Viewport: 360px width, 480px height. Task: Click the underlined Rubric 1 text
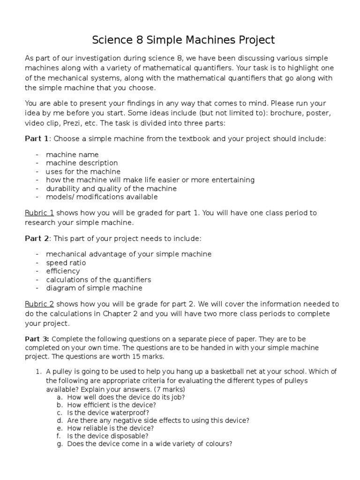39,213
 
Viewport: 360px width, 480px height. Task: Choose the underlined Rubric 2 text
39,304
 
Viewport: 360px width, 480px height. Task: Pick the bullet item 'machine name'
72,154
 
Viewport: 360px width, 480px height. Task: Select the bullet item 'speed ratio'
66,262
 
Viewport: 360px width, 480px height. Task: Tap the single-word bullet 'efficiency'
63,271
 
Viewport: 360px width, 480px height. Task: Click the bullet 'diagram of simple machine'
94,288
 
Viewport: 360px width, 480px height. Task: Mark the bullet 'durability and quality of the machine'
111,188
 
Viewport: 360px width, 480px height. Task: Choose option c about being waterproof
108,412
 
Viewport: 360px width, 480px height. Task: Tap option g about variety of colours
150,443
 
